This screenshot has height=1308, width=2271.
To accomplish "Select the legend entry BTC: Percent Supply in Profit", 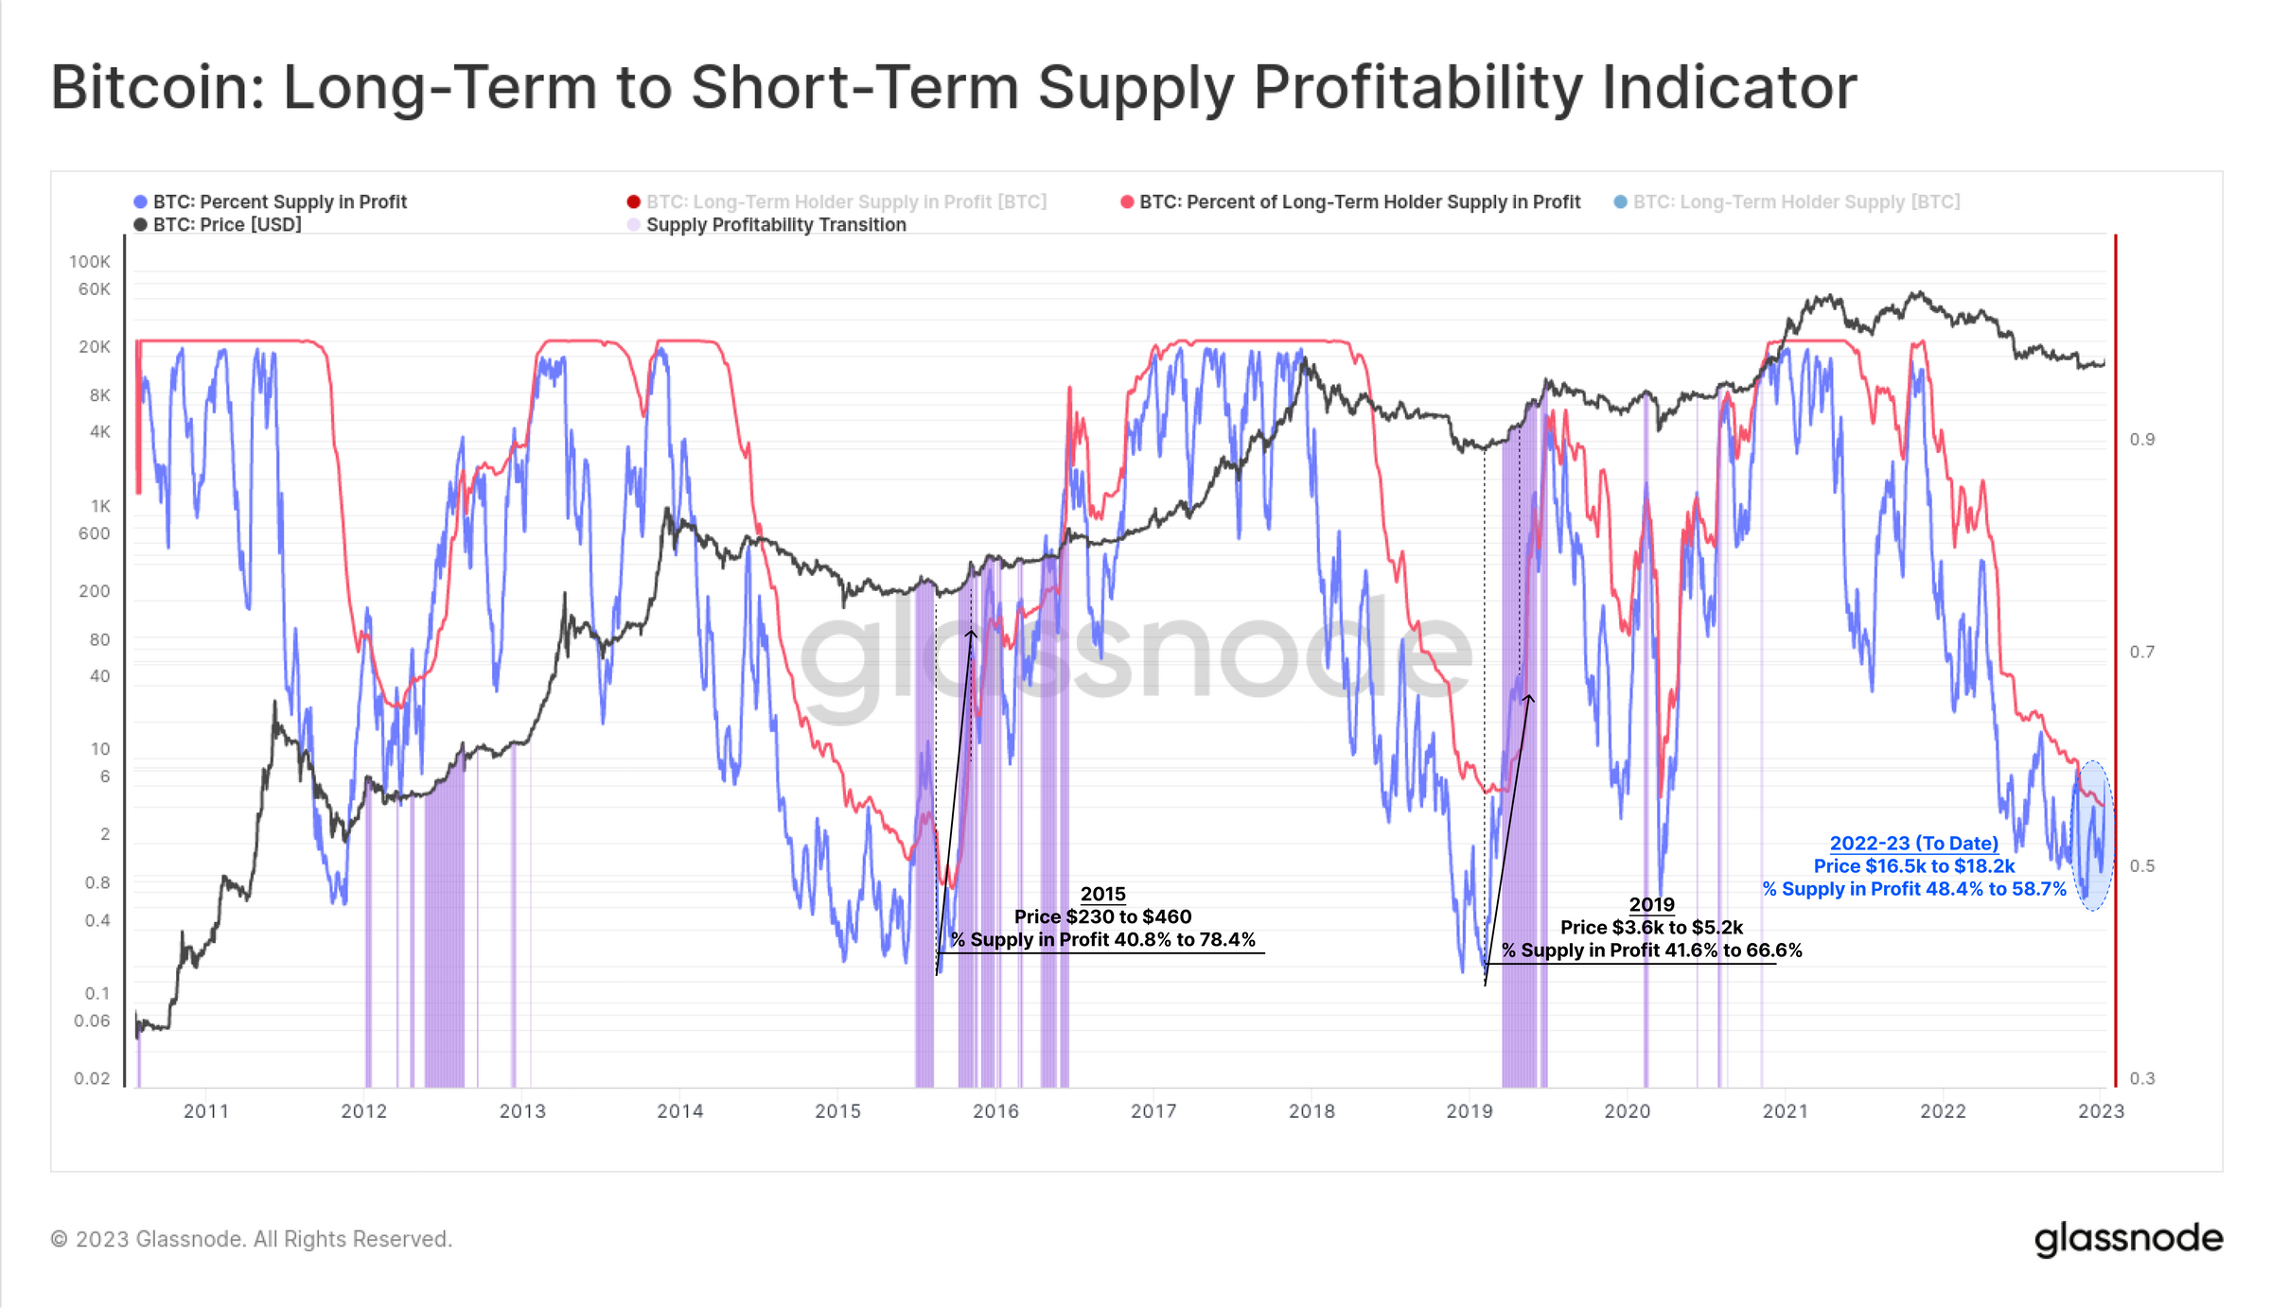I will pyautogui.click(x=279, y=201).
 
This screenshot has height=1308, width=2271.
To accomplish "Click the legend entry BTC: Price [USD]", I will pyautogui.click(x=227, y=225).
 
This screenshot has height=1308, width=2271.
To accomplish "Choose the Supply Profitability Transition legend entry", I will pyautogui.click(x=775, y=225).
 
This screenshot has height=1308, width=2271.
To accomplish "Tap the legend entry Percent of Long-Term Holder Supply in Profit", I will pyautogui.click(x=1359, y=201).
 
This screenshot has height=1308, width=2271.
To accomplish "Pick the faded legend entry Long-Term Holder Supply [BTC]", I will pyautogui.click(x=1795, y=201).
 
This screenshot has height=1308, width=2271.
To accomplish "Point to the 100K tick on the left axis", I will pyautogui.click(x=90, y=262).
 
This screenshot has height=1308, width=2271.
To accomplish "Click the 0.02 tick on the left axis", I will pyautogui.click(x=92, y=1078).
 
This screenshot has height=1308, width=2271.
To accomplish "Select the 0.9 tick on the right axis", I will pyautogui.click(x=2142, y=440).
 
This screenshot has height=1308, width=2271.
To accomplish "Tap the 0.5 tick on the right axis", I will pyautogui.click(x=2142, y=866).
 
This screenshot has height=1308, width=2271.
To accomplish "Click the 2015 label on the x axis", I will pyautogui.click(x=837, y=1111).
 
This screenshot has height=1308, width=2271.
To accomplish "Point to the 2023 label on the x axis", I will pyautogui.click(x=2101, y=1111).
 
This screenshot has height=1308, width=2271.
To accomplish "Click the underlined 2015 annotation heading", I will pyautogui.click(x=1102, y=894).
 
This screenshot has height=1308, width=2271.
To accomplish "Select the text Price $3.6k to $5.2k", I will pyautogui.click(x=1651, y=928).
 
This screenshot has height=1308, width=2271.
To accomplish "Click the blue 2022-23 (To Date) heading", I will pyautogui.click(x=1913, y=844).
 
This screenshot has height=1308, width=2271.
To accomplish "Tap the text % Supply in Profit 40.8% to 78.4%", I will pyautogui.click(x=1102, y=940).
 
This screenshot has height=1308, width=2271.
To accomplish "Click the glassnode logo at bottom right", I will pyautogui.click(x=2128, y=1238).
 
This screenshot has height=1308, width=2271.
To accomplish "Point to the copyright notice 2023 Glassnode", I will pyautogui.click(x=252, y=1239).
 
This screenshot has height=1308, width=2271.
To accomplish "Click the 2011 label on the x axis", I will pyautogui.click(x=205, y=1111).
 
